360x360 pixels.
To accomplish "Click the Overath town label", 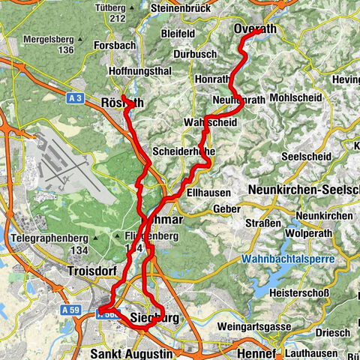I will [x=255, y=28].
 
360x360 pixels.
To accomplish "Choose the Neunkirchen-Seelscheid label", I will [x=303, y=190].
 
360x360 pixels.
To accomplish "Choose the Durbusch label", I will [x=194, y=55].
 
